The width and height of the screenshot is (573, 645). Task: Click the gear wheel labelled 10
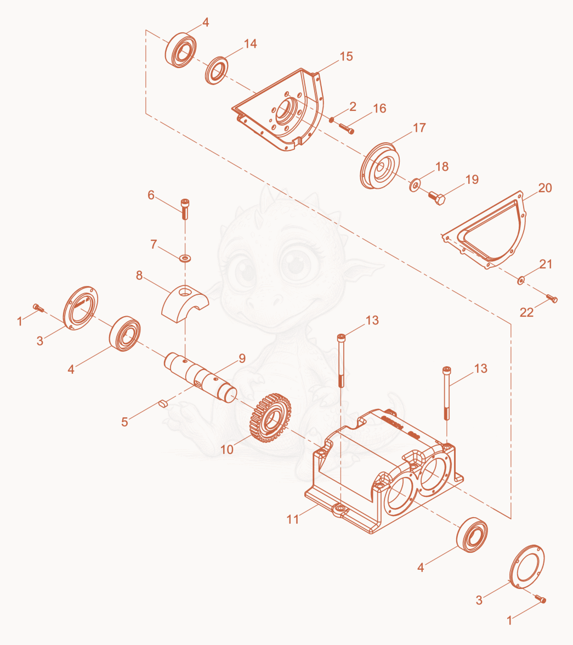270,418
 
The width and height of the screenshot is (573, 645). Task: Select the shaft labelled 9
201,377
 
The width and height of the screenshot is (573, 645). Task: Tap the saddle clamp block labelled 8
185,303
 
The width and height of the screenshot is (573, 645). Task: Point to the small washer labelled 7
185,259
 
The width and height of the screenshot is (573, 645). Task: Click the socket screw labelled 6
185,209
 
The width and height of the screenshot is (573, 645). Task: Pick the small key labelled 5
163,403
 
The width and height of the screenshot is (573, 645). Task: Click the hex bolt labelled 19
436,198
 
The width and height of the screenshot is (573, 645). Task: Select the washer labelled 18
415,184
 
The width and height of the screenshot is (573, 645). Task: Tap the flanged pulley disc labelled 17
379,166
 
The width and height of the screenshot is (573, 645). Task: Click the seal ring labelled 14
217,71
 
